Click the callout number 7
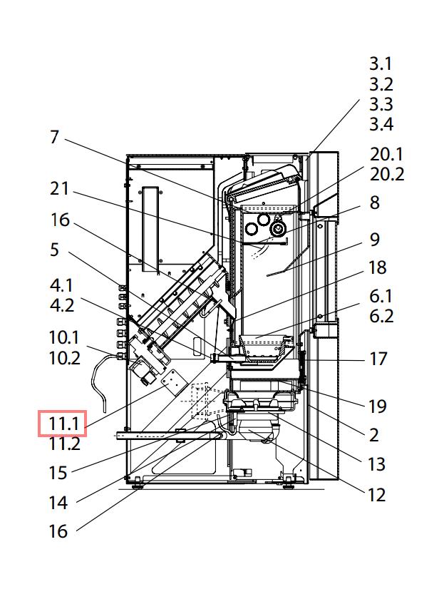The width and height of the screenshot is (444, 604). [x=55, y=136]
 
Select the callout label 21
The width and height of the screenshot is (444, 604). [x=60, y=189]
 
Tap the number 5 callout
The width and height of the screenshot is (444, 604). [x=55, y=250]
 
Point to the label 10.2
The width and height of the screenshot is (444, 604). [x=64, y=357]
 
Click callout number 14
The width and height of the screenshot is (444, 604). [x=58, y=503]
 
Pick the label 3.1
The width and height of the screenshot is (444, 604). [x=381, y=65]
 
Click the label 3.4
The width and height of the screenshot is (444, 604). [x=381, y=124]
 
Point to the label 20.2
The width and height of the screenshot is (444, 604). [x=387, y=173]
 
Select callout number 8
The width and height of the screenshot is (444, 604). [x=375, y=203]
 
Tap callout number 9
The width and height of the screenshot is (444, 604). [x=375, y=239]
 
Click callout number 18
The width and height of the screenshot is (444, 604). [x=378, y=268]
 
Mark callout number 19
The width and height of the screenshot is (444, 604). [x=377, y=406]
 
